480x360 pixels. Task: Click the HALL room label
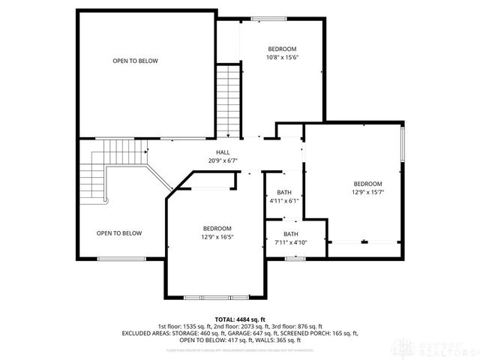click(x=223, y=152)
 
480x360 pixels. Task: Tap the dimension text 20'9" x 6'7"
click(x=223, y=160)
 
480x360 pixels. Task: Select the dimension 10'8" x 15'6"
click(x=282, y=57)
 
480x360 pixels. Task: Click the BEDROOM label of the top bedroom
click(x=282, y=49)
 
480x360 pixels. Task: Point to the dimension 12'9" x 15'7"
click(x=367, y=193)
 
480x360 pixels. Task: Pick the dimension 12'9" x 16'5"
click(x=217, y=237)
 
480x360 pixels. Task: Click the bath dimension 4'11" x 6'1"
click(x=284, y=201)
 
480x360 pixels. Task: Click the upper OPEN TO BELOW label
click(x=135, y=61)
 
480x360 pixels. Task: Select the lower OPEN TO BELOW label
click(x=118, y=233)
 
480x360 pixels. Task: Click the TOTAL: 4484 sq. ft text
click(x=239, y=319)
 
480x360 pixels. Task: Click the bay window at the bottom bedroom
click(x=216, y=297)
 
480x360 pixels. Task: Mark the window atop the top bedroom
click(x=266, y=16)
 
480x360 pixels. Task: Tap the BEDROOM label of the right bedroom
click(x=367, y=184)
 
